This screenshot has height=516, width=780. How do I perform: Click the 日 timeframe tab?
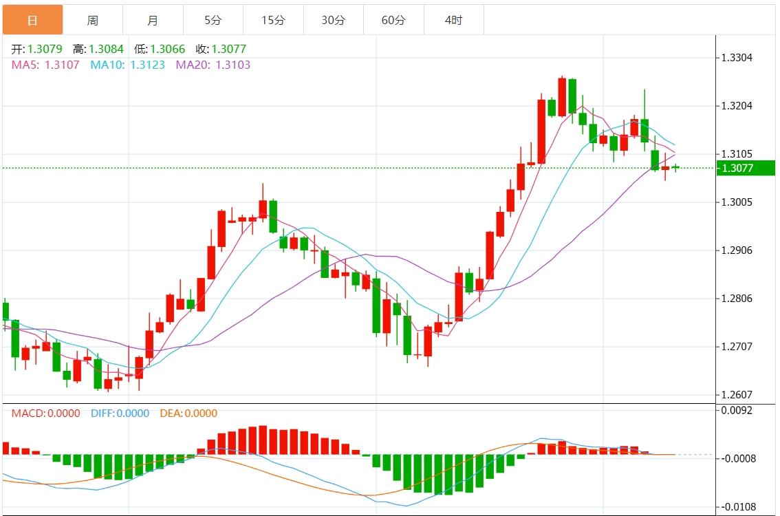[32, 20]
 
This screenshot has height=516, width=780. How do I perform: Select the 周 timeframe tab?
[92, 20]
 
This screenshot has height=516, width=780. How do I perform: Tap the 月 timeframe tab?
[153, 20]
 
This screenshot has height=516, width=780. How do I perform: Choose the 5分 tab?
[213, 20]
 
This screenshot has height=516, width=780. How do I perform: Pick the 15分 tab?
[273, 20]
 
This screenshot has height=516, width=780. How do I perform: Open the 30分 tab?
[333, 20]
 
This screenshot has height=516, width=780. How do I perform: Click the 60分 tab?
[393, 20]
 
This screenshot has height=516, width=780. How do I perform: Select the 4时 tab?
[453, 20]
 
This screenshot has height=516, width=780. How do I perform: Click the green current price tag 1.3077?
[745, 168]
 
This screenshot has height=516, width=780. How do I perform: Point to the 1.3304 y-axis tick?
[737, 58]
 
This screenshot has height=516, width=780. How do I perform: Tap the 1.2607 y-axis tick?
[737, 395]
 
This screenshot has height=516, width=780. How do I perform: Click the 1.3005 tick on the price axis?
[737, 202]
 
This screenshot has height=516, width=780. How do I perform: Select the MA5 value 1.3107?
[62, 65]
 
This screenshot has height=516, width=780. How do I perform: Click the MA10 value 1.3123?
[147, 65]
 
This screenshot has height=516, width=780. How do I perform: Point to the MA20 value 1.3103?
[233, 65]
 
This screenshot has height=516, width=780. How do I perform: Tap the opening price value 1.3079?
[45, 49]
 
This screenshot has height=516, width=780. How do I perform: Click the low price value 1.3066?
[167, 49]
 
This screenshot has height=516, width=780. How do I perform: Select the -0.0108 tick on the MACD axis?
[739, 507]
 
